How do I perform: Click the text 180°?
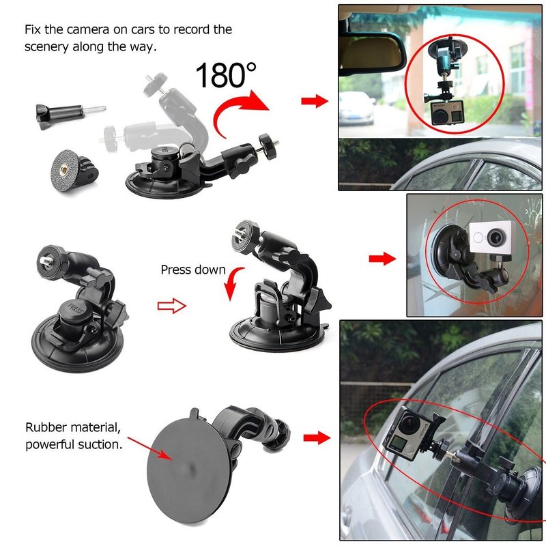[x=226, y=75]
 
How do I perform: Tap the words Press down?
[x=193, y=270]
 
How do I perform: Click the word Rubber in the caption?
[x=47, y=427]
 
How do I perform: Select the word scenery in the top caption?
[x=46, y=47]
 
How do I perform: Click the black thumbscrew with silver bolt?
[x=70, y=115]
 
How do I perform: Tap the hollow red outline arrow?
[x=172, y=306]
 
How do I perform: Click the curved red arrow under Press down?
[x=233, y=283]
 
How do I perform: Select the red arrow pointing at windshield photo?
[x=315, y=101]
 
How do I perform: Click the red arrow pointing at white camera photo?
[x=382, y=259]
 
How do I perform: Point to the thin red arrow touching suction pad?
[x=150, y=448]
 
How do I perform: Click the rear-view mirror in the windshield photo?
[x=372, y=53]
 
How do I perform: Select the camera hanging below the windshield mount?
[x=447, y=113]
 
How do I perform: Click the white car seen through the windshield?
[x=356, y=108]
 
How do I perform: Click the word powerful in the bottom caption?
[x=50, y=445]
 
